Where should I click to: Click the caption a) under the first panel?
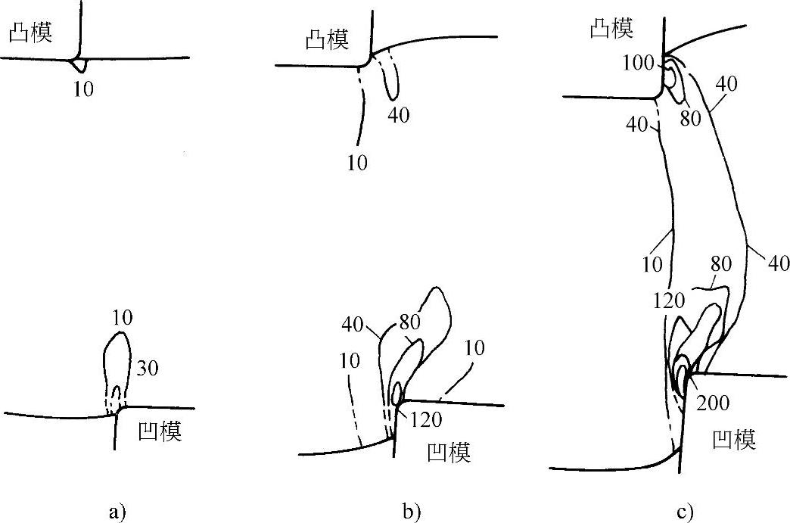(x=115, y=512)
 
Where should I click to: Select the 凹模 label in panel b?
(x=448, y=453)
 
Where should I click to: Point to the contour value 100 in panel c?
(x=640, y=63)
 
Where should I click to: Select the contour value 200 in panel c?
(x=714, y=403)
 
